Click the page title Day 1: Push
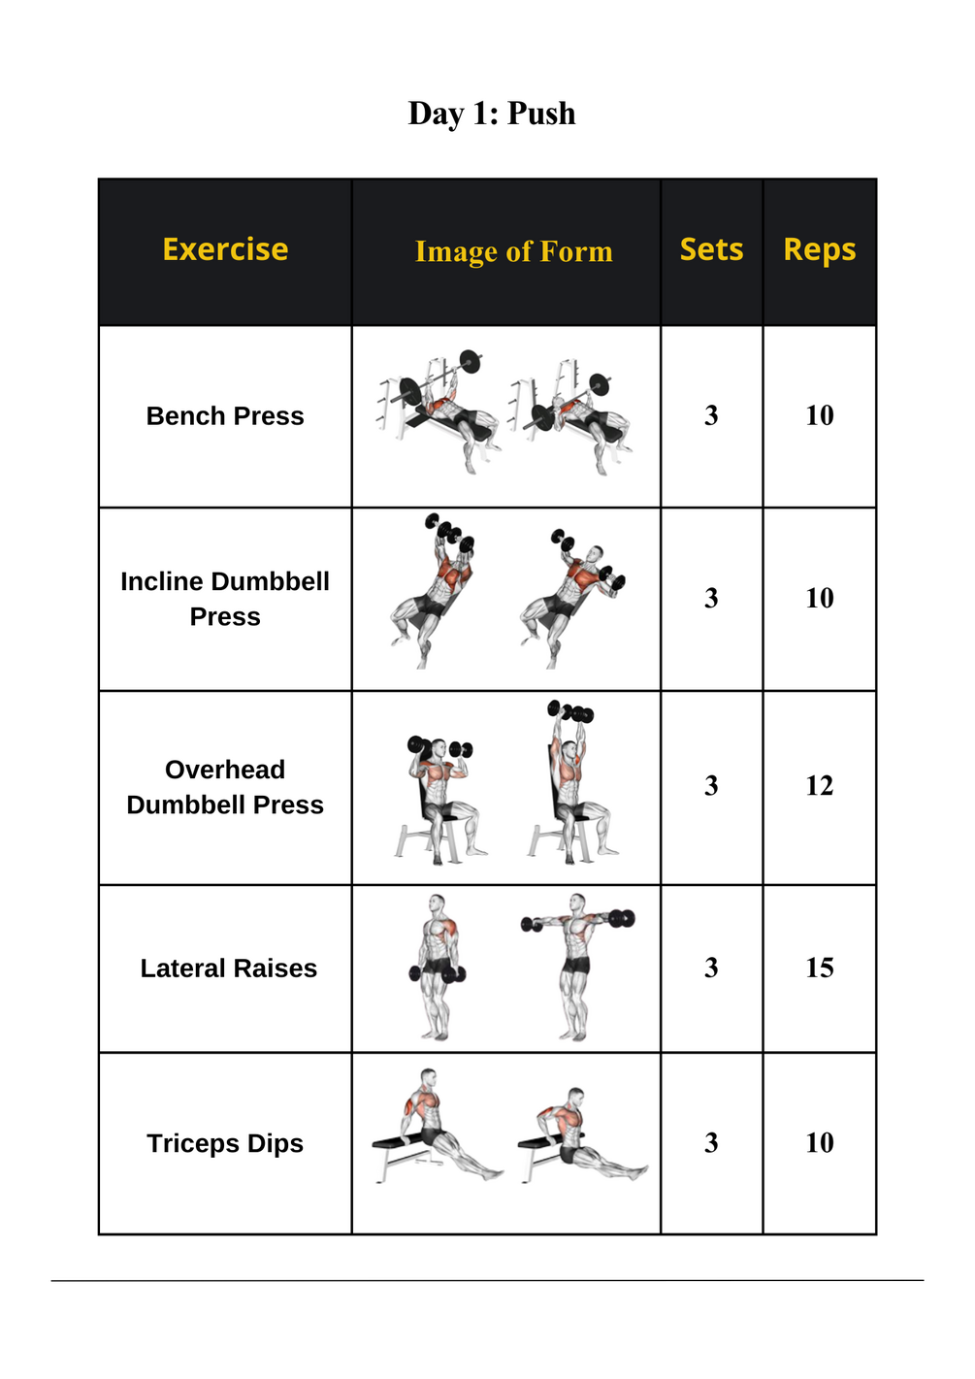point(491,114)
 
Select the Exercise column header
point(225,249)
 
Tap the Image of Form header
point(514,251)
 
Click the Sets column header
point(711,249)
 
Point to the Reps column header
point(819,250)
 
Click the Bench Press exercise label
point(225,416)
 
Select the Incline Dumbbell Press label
point(225,599)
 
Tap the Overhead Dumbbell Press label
point(225,787)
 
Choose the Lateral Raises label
point(228,969)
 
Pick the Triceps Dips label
point(225,1144)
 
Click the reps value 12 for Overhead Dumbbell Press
point(819,785)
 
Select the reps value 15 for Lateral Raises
point(819,968)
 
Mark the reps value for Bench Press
point(819,415)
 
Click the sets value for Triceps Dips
point(711,1143)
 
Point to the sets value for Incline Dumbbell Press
point(711,599)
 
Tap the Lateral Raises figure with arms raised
point(577,968)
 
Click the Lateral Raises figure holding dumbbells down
point(437,968)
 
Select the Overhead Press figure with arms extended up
point(572,782)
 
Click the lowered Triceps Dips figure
point(582,1135)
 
